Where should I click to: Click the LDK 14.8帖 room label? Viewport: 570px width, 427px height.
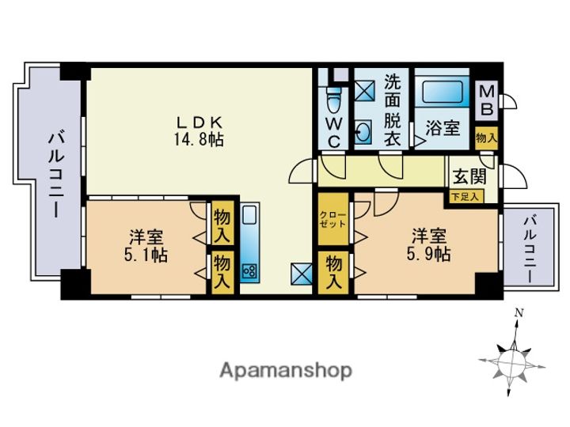[199, 131]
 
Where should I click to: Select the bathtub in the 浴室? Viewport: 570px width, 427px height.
[442, 93]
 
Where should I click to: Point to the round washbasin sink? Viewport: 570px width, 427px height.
[363, 132]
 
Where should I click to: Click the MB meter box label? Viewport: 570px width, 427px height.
[487, 100]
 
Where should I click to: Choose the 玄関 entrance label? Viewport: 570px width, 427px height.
[469, 177]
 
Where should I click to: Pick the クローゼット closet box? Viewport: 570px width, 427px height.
[333, 219]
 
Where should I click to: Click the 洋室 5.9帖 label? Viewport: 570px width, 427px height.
[428, 245]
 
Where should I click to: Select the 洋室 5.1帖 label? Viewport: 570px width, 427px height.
[146, 246]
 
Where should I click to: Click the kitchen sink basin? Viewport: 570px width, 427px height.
[249, 215]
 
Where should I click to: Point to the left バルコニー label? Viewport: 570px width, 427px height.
[56, 175]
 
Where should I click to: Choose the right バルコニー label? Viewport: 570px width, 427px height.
[530, 249]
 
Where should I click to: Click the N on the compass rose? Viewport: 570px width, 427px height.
[519, 312]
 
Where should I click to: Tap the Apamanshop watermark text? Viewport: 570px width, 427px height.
[286, 371]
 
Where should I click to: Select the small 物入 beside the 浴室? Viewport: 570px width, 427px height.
[486, 138]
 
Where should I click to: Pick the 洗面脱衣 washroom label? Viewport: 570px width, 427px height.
[393, 110]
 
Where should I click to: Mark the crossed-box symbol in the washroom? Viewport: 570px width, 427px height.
[363, 90]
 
